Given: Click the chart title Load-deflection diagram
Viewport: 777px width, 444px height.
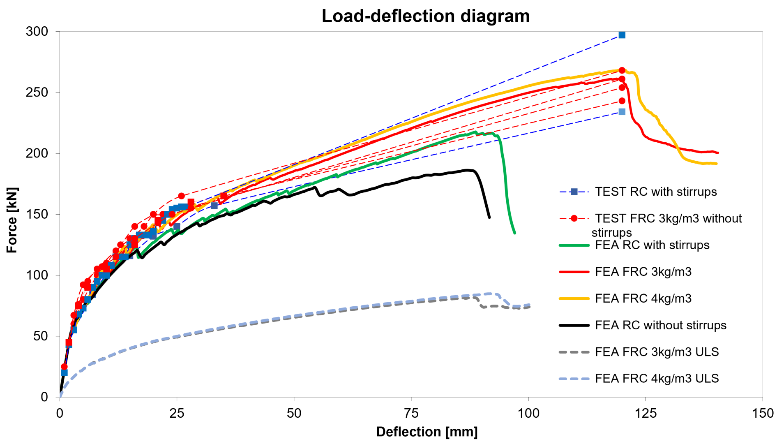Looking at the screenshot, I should (425, 16).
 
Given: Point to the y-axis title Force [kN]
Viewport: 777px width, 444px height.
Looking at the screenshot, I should (12, 220).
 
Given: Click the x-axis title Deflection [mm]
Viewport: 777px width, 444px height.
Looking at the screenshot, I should (427, 432).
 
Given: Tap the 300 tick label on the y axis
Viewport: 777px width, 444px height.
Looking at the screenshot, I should (37, 32).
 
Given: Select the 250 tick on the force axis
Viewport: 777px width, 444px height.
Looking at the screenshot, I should (37, 92).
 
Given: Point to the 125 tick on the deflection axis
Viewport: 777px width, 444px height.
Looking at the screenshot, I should (646, 413).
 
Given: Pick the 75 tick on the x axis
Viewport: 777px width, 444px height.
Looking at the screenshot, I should (411, 413).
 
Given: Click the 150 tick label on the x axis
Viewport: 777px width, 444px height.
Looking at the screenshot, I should (763, 413).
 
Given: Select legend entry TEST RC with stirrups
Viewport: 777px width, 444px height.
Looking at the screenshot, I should (656, 192).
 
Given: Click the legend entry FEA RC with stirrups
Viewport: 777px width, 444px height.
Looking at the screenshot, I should (652, 245).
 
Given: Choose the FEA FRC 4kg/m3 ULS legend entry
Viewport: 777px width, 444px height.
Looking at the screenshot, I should (657, 379).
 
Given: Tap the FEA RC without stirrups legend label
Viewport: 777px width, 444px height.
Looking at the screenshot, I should (660, 326).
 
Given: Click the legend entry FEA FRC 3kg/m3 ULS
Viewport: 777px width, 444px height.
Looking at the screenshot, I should (657, 352).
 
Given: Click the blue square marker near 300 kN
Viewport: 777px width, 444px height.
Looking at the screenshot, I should (622, 35).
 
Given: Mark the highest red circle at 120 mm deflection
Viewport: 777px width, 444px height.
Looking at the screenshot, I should (622, 71).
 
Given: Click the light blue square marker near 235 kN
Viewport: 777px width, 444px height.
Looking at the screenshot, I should (622, 112).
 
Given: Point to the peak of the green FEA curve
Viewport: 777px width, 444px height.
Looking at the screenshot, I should (475, 132).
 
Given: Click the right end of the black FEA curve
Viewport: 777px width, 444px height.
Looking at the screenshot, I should (489, 217).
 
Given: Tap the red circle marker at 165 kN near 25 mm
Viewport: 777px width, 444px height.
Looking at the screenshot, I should (181, 196).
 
